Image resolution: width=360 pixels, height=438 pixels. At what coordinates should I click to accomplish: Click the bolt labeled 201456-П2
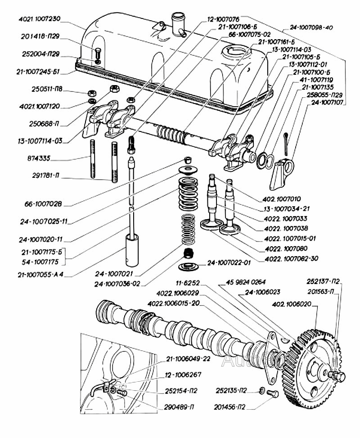click(x=273, y=394)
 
